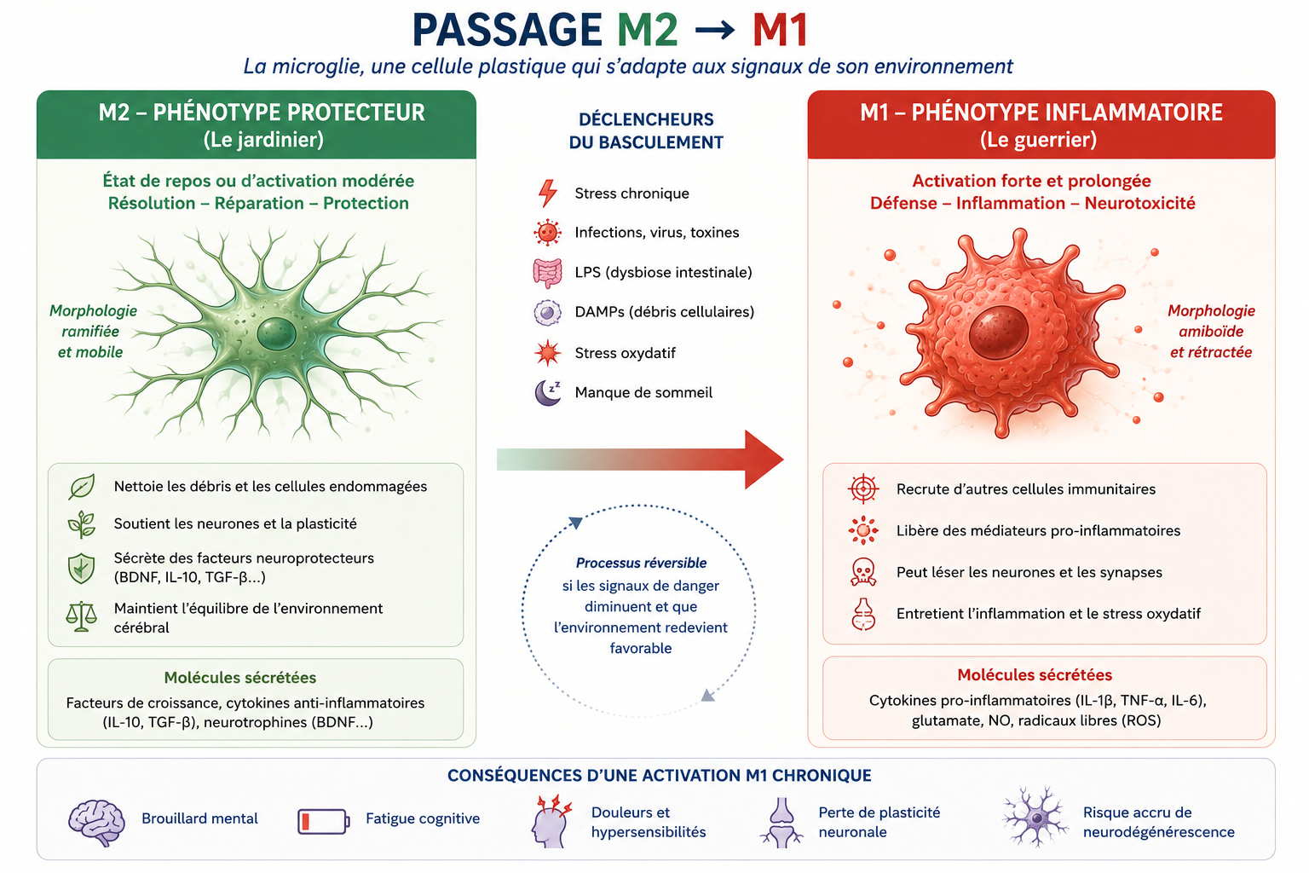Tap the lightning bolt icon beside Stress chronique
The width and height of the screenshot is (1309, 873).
pyautogui.click(x=548, y=193)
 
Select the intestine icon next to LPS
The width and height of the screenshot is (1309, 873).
pyautogui.click(x=548, y=273)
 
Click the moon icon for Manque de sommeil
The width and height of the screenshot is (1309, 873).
pyautogui.click(x=548, y=392)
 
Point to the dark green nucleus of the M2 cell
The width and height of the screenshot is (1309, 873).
pyautogui.click(x=276, y=334)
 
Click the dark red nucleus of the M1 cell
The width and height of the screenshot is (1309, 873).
pyautogui.click(x=998, y=332)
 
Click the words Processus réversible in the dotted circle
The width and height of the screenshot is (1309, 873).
pyautogui.click(x=641, y=563)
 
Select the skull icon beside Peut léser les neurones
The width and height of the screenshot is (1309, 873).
pyautogui.click(x=863, y=572)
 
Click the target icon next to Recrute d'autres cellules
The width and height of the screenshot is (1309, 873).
pyautogui.click(x=863, y=489)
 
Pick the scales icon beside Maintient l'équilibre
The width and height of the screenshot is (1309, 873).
pyautogui.click(x=81, y=617)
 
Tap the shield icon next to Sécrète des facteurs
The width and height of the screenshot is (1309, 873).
pyautogui.click(x=81, y=569)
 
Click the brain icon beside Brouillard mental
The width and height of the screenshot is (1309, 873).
pyautogui.click(x=96, y=822)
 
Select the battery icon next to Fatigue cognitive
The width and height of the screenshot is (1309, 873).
pyautogui.click(x=324, y=821)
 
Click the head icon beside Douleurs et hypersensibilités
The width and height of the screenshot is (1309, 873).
pyautogui.click(x=551, y=821)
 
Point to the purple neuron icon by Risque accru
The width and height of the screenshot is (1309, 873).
pyautogui.click(x=1035, y=817)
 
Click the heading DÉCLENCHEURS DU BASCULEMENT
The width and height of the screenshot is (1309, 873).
pyautogui.click(x=646, y=131)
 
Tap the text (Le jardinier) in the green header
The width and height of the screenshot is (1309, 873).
pyautogui.click(x=263, y=140)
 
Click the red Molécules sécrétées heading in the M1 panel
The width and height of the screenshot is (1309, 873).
pyautogui.click(x=1035, y=674)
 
